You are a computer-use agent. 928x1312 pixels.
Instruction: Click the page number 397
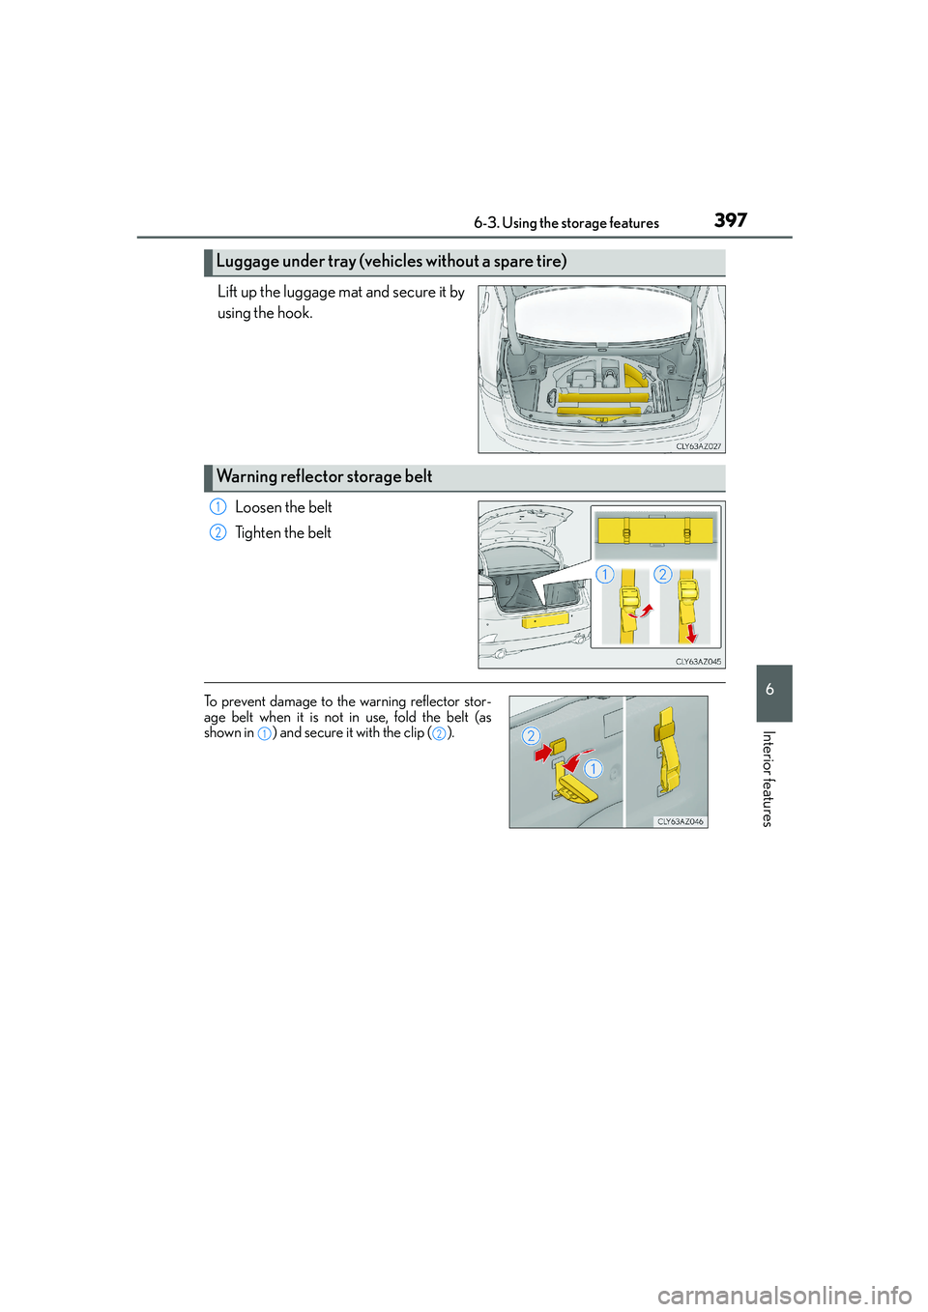731,220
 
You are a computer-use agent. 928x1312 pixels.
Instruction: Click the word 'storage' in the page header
583,223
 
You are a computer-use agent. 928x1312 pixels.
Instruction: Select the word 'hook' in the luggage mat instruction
294,313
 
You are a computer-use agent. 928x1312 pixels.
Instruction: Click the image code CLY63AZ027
698,446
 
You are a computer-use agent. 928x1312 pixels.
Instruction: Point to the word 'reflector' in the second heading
311,476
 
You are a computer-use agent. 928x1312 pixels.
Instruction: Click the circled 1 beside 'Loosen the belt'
217,507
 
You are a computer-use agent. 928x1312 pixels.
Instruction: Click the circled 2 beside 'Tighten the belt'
217,532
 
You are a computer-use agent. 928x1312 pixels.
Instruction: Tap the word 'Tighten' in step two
258,532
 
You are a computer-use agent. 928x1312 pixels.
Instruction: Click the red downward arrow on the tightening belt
691,633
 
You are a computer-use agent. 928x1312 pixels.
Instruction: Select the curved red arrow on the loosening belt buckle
642,611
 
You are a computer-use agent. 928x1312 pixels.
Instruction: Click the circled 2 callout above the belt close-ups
662,574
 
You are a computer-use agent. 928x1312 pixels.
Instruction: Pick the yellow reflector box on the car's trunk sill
545,619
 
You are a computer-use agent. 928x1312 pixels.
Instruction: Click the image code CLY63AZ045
698,662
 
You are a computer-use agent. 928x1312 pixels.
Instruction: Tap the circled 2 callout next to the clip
530,736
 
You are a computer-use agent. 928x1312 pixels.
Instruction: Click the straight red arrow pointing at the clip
542,752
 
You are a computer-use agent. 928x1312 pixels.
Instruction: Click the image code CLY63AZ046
681,821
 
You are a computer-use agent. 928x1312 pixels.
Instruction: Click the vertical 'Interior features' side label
768,779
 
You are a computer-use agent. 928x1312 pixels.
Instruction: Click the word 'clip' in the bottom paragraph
413,733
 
